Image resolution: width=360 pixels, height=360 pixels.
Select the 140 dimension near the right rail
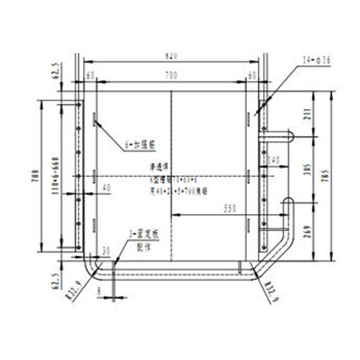click(274, 160)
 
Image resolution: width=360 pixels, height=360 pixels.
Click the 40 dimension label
click(106, 187)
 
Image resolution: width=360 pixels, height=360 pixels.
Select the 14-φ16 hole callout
click(317, 59)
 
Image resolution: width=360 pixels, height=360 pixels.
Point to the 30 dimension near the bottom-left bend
click(106, 250)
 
